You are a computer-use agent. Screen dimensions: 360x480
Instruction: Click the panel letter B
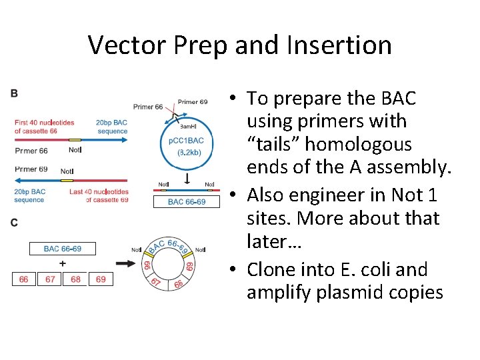(x=15, y=94)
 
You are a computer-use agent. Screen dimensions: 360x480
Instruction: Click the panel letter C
(x=15, y=223)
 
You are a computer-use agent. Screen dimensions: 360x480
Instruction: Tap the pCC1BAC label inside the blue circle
(x=187, y=141)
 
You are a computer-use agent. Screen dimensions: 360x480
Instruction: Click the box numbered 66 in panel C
(x=24, y=279)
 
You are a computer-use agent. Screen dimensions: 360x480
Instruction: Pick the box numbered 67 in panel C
(x=50, y=279)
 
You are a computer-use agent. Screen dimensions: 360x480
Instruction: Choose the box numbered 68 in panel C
(x=75, y=279)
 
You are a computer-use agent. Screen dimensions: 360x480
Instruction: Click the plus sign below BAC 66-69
(x=63, y=263)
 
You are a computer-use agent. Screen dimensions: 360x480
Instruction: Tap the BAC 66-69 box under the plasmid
(x=187, y=201)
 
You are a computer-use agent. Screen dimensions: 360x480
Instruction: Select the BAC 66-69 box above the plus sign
(x=63, y=249)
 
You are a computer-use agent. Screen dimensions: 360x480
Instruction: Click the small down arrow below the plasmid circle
(x=187, y=179)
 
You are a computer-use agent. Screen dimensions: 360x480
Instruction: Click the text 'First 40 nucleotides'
(x=44, y=123)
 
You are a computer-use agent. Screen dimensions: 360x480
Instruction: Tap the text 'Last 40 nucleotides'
(x=99, y=191)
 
